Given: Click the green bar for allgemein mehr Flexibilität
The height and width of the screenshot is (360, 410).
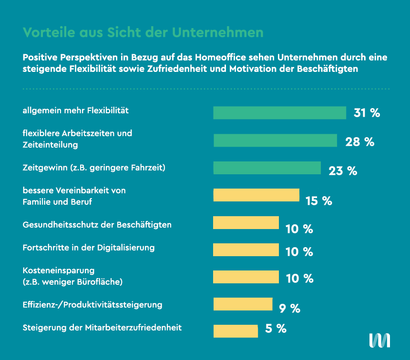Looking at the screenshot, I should (279, 113).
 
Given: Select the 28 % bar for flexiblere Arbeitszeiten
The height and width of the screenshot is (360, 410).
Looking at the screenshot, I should (275, 140).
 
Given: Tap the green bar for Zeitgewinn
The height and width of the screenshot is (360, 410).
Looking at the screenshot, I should (267, 168).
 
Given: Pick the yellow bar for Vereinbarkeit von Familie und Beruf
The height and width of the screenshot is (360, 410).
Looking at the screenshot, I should (256, 195).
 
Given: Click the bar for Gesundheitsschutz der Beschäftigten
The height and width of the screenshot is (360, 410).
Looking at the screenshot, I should (246, 223).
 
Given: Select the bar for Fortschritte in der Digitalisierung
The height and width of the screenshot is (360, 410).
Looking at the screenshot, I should (246, 250).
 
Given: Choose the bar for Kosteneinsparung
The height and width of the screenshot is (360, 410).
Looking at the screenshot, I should (246, 277).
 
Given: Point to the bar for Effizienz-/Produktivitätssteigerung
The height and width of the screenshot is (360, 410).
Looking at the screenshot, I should (243, 304).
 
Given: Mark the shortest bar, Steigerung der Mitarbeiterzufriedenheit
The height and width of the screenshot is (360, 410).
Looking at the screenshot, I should (236, 331).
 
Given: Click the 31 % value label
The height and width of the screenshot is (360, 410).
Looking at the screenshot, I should (367, 113).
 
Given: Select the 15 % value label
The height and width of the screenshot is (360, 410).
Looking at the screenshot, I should (318, 201).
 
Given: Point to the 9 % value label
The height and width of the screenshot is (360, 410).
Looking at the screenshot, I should (289, 309).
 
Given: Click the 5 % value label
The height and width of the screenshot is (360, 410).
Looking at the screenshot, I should (276, 329).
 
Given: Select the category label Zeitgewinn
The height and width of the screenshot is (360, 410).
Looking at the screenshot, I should (44, 168).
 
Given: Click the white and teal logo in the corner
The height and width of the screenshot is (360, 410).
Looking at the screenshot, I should (379, 340).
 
